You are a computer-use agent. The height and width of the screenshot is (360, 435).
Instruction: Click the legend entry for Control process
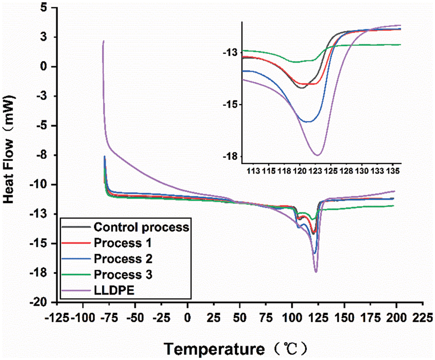141,227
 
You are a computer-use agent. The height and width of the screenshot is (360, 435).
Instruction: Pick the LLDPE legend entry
112,290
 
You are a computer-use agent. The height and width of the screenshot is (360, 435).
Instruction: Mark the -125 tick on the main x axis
57,319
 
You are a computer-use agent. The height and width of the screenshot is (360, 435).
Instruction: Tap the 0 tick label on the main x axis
187,319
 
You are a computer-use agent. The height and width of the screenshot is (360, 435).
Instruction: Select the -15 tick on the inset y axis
230,105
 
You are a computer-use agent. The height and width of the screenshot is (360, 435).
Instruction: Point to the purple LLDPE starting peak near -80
103,41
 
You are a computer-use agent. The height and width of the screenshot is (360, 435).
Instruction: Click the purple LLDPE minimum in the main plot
316,272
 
